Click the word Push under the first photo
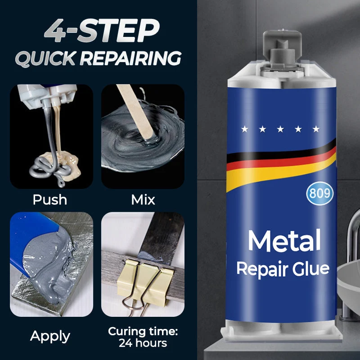50,200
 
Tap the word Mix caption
143,200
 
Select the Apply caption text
50,337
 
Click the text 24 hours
143,343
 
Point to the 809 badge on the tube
320,193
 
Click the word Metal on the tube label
284,240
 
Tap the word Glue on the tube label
310,269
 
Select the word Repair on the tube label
262,270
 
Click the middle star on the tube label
280,129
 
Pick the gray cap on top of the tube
282,49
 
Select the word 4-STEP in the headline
102,31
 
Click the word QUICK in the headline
45,58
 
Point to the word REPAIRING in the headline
130,58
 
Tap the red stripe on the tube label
281,163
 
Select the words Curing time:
143,331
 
